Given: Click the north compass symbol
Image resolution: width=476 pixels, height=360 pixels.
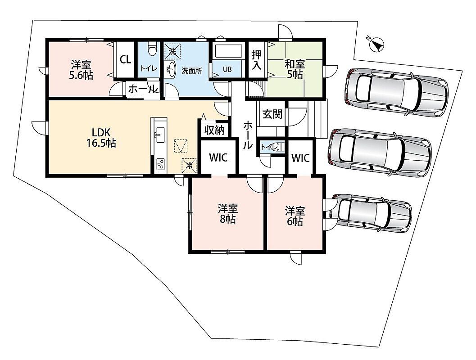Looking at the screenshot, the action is tap(376, 44).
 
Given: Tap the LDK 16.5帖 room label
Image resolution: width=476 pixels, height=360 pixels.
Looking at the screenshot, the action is tap(101, 137).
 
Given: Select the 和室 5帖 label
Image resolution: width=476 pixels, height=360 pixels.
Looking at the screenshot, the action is tap(295, 69).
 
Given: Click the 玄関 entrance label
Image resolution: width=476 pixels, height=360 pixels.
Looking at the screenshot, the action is tap(272, 114).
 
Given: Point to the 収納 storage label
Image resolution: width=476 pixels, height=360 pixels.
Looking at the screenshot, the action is tap(214, 130).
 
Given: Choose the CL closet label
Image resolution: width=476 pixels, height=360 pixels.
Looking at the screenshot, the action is tap(125, 59).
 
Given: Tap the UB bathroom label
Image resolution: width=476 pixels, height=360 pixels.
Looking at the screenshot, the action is tap(227, 69).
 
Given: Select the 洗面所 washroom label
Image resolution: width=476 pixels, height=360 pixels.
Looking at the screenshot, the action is tap(192, 71).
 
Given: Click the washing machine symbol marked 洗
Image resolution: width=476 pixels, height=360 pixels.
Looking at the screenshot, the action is tap(172, 51).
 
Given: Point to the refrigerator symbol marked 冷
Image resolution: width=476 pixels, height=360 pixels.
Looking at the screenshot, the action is tap(189, 166).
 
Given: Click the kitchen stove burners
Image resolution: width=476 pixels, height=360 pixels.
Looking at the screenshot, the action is tap(160, 165).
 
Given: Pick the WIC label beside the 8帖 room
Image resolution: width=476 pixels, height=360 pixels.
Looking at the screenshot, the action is tap(218, 157).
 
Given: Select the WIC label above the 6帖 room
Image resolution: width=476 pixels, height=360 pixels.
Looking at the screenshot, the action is tap(300, 157).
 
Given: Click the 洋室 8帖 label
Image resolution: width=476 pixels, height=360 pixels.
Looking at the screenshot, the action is tap(228, 214).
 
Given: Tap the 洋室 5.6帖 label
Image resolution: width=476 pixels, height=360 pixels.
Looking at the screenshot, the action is tap(81, 70).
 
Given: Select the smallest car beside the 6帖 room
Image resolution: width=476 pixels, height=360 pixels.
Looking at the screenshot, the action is tap(371, 212).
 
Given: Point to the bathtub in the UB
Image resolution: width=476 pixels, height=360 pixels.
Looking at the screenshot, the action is tap(228, 52).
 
